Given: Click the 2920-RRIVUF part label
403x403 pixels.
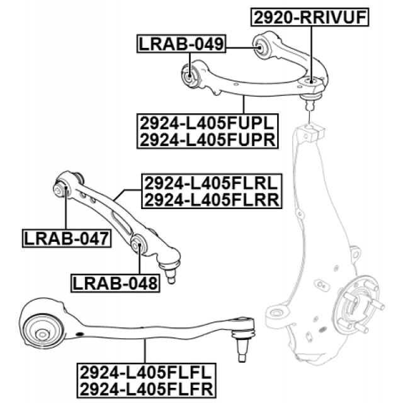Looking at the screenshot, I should coord(309,17).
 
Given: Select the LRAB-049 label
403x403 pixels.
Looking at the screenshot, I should coord(181,44).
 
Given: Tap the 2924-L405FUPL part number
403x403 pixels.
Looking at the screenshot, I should coord(207,122).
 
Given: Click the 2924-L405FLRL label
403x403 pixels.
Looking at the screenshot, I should coord(212,183).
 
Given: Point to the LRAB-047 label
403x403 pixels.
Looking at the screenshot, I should coord(65,238).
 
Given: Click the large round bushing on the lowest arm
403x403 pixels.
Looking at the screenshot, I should coord(42,327).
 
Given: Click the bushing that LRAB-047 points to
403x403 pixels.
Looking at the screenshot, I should coord(62,188).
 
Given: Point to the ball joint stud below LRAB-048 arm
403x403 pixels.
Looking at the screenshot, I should coord(170,270).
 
